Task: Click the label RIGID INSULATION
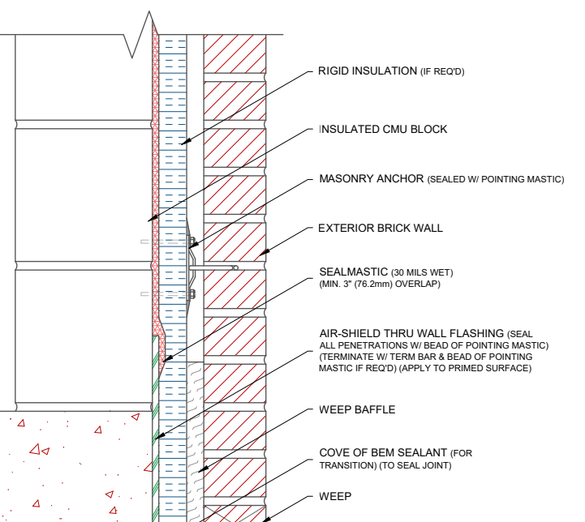[x=368, y=71]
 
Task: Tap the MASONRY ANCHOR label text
[x=371, y=179]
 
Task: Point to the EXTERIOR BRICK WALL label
[x=381, y=229]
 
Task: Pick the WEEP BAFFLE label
[x=357, y=410]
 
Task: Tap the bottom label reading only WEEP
[x=335, y=496]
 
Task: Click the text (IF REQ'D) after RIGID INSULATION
[x=442, y=72]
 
